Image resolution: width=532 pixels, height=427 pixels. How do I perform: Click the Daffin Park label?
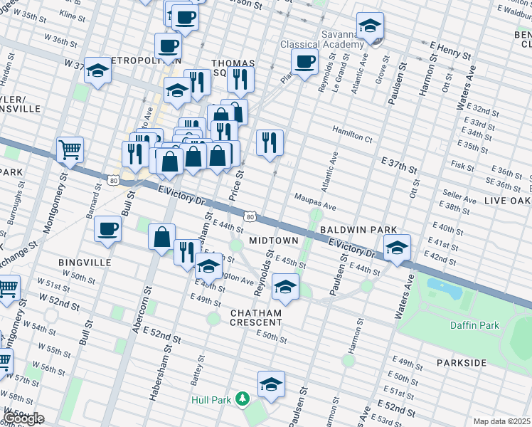pyautogui.click(x=474, y=325)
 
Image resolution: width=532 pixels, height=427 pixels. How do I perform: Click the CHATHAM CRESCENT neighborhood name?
pyautogui.click(x=255, y=317)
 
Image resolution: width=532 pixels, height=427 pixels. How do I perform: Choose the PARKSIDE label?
pyautogui.click(x=462, y=363)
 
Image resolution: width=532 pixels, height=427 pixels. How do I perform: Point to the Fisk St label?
pyautogui.click(x=462, y=166)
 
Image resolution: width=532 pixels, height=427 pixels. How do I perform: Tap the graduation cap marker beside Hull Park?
pyautogui.click(x=271, y=384)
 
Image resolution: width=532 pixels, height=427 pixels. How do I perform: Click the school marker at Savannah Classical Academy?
pyautogui.click(x=370, y=26)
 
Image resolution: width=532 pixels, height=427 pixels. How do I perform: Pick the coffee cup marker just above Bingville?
pyautogui.click(x=107, y=228)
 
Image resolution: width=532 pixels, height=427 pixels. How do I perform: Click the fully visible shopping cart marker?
pyautogui.click(x=70, y=149)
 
